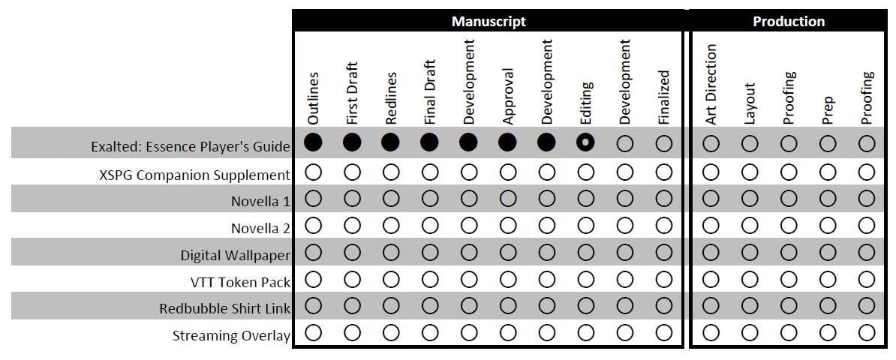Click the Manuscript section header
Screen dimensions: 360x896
[488, 21]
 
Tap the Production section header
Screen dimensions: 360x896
[788, 21]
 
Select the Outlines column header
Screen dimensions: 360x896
[314, 97]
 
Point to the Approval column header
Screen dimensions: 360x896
[508, 96]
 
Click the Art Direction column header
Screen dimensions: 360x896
[711, 83]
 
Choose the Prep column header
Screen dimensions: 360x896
[828, 109]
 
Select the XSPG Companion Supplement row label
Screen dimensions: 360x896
[194, 175]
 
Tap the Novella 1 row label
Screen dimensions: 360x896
[260, 201]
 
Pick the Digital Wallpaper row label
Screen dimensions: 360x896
[235, 255]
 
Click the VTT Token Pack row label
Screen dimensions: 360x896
[240, 282]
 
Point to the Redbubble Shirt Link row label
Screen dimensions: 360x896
[224, 308]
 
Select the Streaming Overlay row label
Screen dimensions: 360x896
[231, 335]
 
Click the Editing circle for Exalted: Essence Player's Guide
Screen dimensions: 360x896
[586, 142]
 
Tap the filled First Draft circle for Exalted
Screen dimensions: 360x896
[352, 142]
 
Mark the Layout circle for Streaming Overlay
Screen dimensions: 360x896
[750, 333]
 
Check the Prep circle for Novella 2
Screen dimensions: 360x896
[828, 226]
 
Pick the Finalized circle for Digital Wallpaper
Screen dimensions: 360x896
[663, 252]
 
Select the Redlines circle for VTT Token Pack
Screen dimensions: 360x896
[391, 279]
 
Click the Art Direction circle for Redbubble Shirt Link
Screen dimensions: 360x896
[711, 306]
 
